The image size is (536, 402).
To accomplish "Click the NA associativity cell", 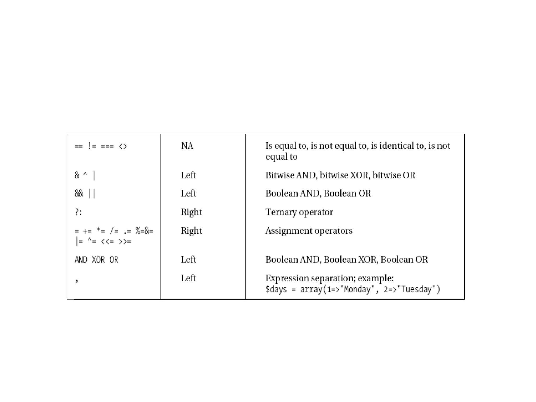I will (x=187, y=146).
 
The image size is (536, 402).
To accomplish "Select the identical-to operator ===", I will (x=107, y=146).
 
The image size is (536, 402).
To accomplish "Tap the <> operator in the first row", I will (x=123, y=146).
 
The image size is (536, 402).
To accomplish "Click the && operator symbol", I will (x=79, y=193).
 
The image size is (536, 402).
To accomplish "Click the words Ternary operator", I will (x=299, y=212).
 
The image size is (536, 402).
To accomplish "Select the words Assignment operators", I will (x=309, y=231).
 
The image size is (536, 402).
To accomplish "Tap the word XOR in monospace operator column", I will (x=98, y=260).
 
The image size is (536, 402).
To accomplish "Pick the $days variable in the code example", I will (x=276, y=289).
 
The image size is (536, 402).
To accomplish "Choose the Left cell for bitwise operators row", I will (x=188, y=175).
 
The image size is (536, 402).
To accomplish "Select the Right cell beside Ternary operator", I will (x=191, y=212).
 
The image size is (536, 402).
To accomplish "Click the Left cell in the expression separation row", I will (x=188, y=278).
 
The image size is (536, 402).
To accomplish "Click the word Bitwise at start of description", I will (x=280, y=175).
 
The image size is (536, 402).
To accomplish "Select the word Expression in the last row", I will (x=287, y=278).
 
